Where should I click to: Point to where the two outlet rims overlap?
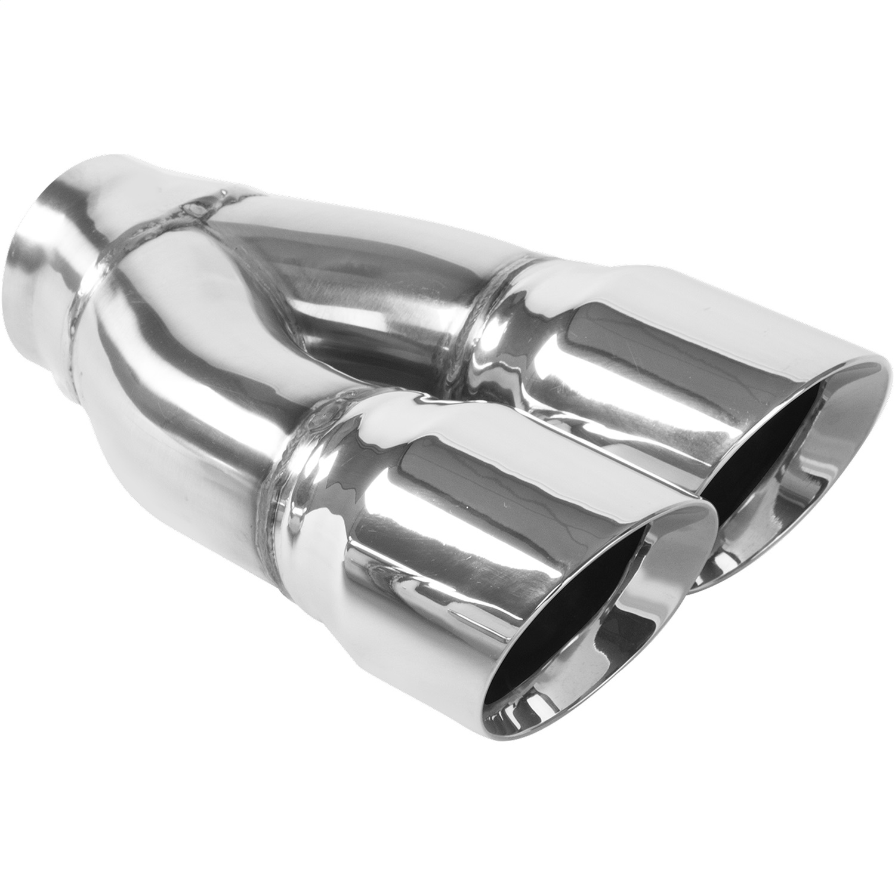point(707,525)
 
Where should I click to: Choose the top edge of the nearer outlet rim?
point(686,507)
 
